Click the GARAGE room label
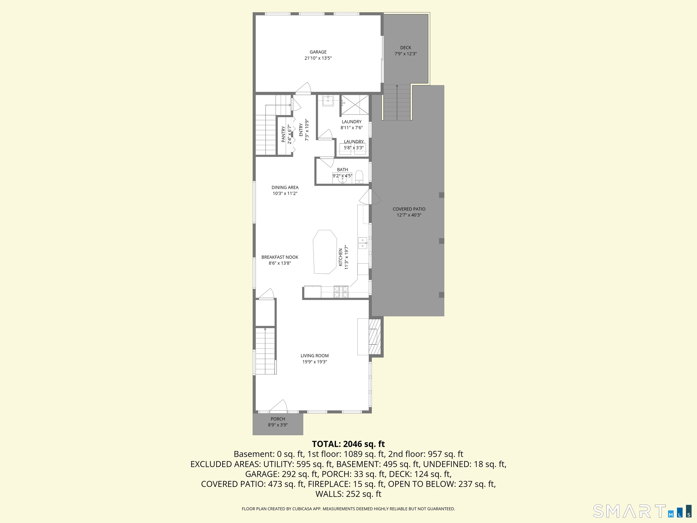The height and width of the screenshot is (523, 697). (318, 52)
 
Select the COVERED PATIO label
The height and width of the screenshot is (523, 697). (409, 209)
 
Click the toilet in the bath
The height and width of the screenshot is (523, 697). (359, 177)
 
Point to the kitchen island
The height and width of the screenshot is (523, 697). (325, 252)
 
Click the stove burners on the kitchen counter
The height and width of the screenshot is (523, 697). (341, 292)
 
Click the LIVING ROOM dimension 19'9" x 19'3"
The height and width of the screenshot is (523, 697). (315, 362)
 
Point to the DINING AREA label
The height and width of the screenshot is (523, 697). (285, 187)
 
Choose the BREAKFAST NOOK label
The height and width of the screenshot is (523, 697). (280, 257)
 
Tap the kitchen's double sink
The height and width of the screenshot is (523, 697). (363, 243)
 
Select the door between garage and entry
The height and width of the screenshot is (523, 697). (303, 88)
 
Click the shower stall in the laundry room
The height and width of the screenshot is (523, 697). (355, 105)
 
